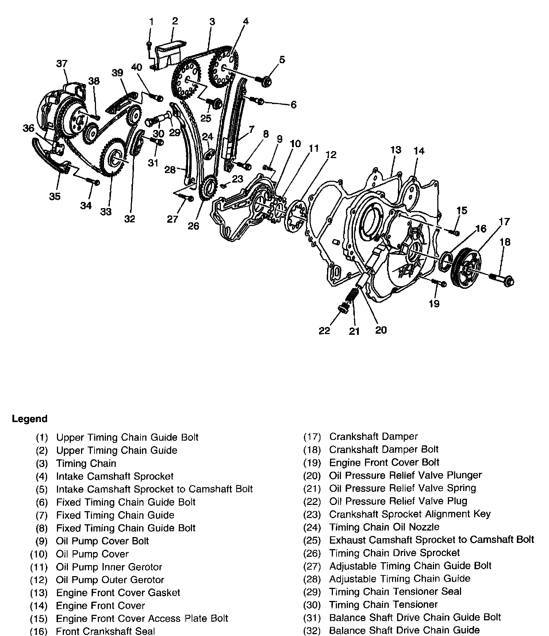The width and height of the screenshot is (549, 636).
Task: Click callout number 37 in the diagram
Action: coord(62,64)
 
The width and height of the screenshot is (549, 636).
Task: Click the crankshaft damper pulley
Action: coord(466,268)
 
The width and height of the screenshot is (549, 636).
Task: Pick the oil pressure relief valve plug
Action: coord(343,308)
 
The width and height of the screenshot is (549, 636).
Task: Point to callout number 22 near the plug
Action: coord(324,330)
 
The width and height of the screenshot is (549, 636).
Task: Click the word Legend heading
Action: coord(30,419)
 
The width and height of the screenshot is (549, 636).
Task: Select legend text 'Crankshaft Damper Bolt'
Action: coord(384,449)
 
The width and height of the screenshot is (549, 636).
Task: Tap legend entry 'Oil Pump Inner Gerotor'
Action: coord(109,567)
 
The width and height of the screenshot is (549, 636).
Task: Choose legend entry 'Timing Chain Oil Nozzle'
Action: coord(384,527)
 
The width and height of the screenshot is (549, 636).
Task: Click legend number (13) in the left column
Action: coord(39,593)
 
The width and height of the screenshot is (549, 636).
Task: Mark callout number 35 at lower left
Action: coord(55,196)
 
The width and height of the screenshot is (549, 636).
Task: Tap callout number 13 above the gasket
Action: coord(396,150)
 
